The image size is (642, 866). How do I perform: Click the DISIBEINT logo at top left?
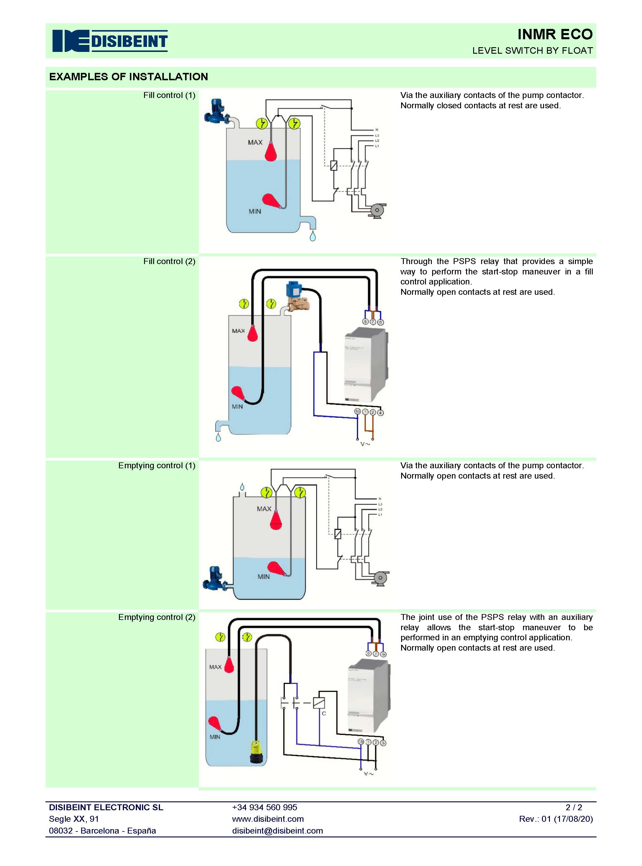tap(110, 41)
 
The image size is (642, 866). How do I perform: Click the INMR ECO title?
tap(555, 35)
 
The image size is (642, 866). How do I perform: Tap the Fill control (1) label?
tap(169, 95)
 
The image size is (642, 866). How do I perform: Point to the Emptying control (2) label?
tap(157, 617)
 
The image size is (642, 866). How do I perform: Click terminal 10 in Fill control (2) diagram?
tap(357, 412)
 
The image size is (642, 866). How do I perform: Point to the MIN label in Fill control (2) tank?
tap(237, 406)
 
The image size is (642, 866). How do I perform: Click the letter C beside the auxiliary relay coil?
tap(324, 713)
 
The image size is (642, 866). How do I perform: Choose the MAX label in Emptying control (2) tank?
tap(215, 667)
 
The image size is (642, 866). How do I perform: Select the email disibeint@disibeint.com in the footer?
tap(277, 831)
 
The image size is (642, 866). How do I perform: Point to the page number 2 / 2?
tap(574, 807)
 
